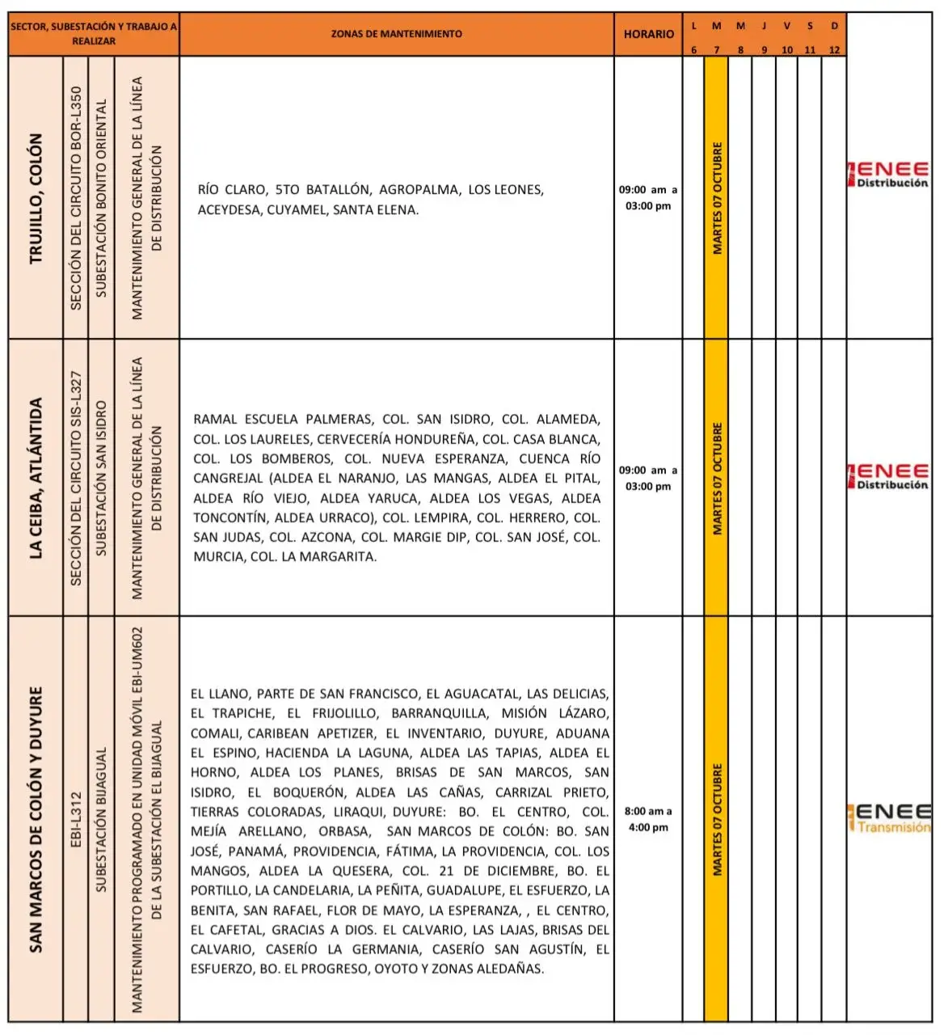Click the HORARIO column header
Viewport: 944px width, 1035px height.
(x=648, y=34)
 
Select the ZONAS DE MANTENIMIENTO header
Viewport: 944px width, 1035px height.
(x=396, y=34)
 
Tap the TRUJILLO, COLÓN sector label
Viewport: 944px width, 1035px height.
(x=36, y=198)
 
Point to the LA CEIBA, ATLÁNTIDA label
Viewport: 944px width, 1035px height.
(x=36, y=478)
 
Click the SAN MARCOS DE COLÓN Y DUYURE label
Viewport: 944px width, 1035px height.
(x=36, y=818)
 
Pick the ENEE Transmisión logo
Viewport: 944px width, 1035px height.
(x=890, y=817)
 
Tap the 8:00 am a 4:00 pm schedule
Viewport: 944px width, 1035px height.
(x=648, y=819)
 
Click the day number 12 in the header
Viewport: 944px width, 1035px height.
(x=834, y=50)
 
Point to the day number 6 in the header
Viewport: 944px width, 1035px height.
(x=693, y=50)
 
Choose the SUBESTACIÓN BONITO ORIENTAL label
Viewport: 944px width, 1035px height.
(x=101, y=198)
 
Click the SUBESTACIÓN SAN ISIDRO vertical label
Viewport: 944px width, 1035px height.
(x=101, y=478)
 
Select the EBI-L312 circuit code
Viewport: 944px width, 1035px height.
(x=76, y=819)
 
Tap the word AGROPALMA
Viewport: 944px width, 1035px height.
(x=419, y=190)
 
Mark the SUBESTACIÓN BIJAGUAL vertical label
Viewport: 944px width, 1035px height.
(x=101, y=819)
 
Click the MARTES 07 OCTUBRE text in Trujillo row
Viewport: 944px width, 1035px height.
(x=717, y=198)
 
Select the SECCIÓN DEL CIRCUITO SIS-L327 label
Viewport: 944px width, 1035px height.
(x=76, y=478)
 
